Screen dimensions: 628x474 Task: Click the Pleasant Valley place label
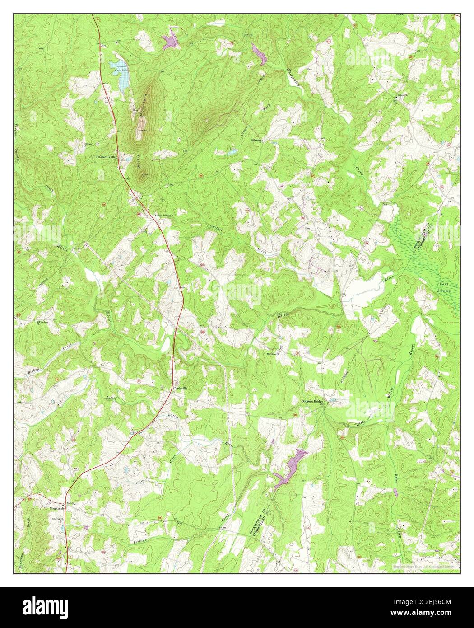point(106,157)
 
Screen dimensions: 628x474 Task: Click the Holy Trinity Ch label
point(165,215)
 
